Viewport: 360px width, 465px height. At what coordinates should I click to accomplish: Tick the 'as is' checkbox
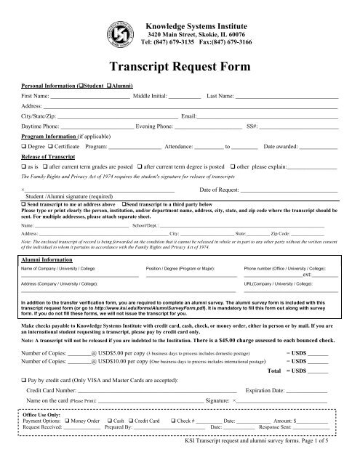coord(24,166)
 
